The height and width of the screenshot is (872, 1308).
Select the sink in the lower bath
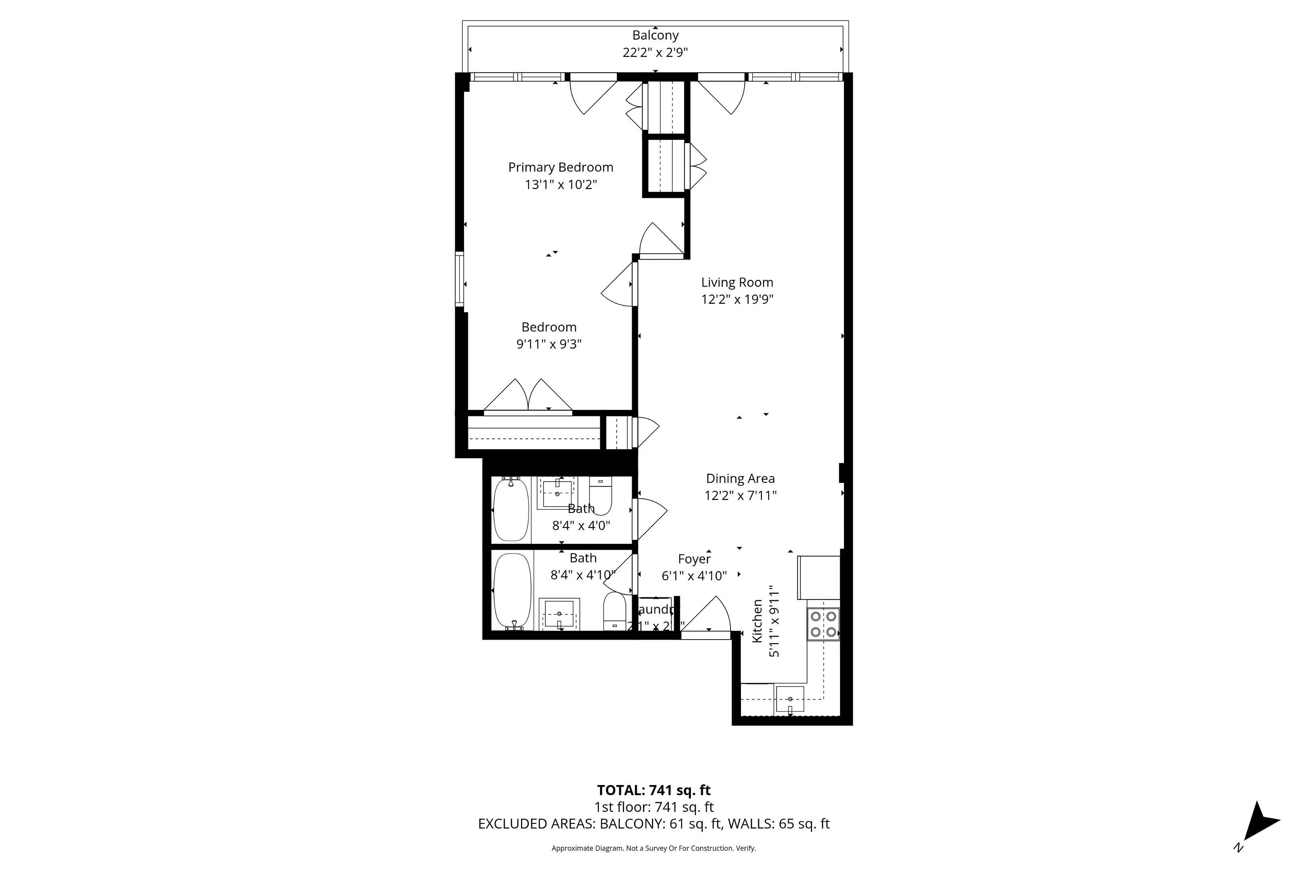coord(559,614)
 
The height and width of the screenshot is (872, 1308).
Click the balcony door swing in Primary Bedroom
coord(592,96)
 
